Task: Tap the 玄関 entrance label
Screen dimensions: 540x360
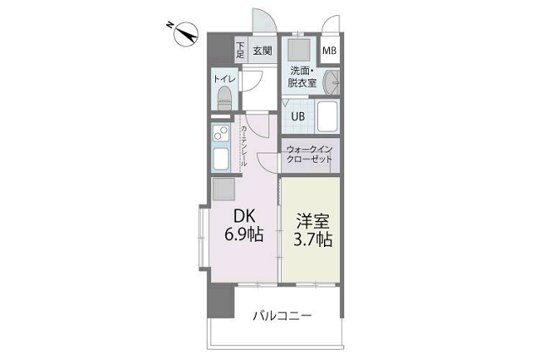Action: (262, 51)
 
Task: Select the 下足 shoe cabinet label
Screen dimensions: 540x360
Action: (240, 50)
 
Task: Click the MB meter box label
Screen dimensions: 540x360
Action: (329, 51)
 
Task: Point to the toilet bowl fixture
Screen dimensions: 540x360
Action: (224, 98)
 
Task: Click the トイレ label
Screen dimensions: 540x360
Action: (224, 78)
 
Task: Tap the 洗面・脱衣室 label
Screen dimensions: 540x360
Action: (303, 77)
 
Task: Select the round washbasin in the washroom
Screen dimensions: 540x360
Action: (332, 83)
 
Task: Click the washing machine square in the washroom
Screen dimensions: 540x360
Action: (299, 51)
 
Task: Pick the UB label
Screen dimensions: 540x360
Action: (298, 116)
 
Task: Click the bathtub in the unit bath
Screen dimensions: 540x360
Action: (327, 116)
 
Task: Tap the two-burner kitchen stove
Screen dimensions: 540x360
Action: (220, 133)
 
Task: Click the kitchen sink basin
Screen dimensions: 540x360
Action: (221, 159)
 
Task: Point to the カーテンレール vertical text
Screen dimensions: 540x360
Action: (244, 146)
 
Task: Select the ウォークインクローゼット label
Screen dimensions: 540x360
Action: (310, 154)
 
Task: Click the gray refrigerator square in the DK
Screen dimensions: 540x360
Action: (224, 189)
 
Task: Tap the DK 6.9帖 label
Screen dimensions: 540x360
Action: (244, 226)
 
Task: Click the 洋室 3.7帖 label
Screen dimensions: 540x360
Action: (313, 230)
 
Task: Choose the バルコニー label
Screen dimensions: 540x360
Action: (283, 315)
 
